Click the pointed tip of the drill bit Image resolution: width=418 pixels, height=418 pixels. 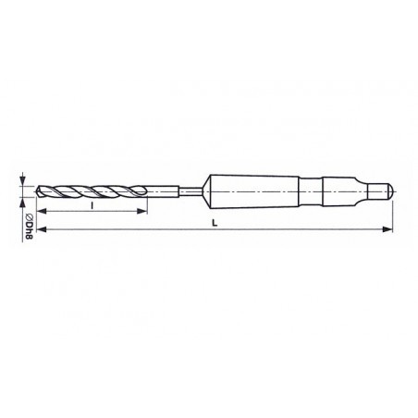coord(37,191)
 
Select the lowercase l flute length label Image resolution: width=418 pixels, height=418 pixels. coord(92,205)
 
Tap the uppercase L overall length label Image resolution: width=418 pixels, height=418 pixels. coord(215,223)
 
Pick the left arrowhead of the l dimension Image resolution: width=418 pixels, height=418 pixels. coord(42,212)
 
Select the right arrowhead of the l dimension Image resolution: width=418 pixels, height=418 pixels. coord(141,211)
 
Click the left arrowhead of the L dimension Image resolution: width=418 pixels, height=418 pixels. coord(42,229)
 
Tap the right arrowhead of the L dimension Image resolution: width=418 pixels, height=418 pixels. coord(387,229)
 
